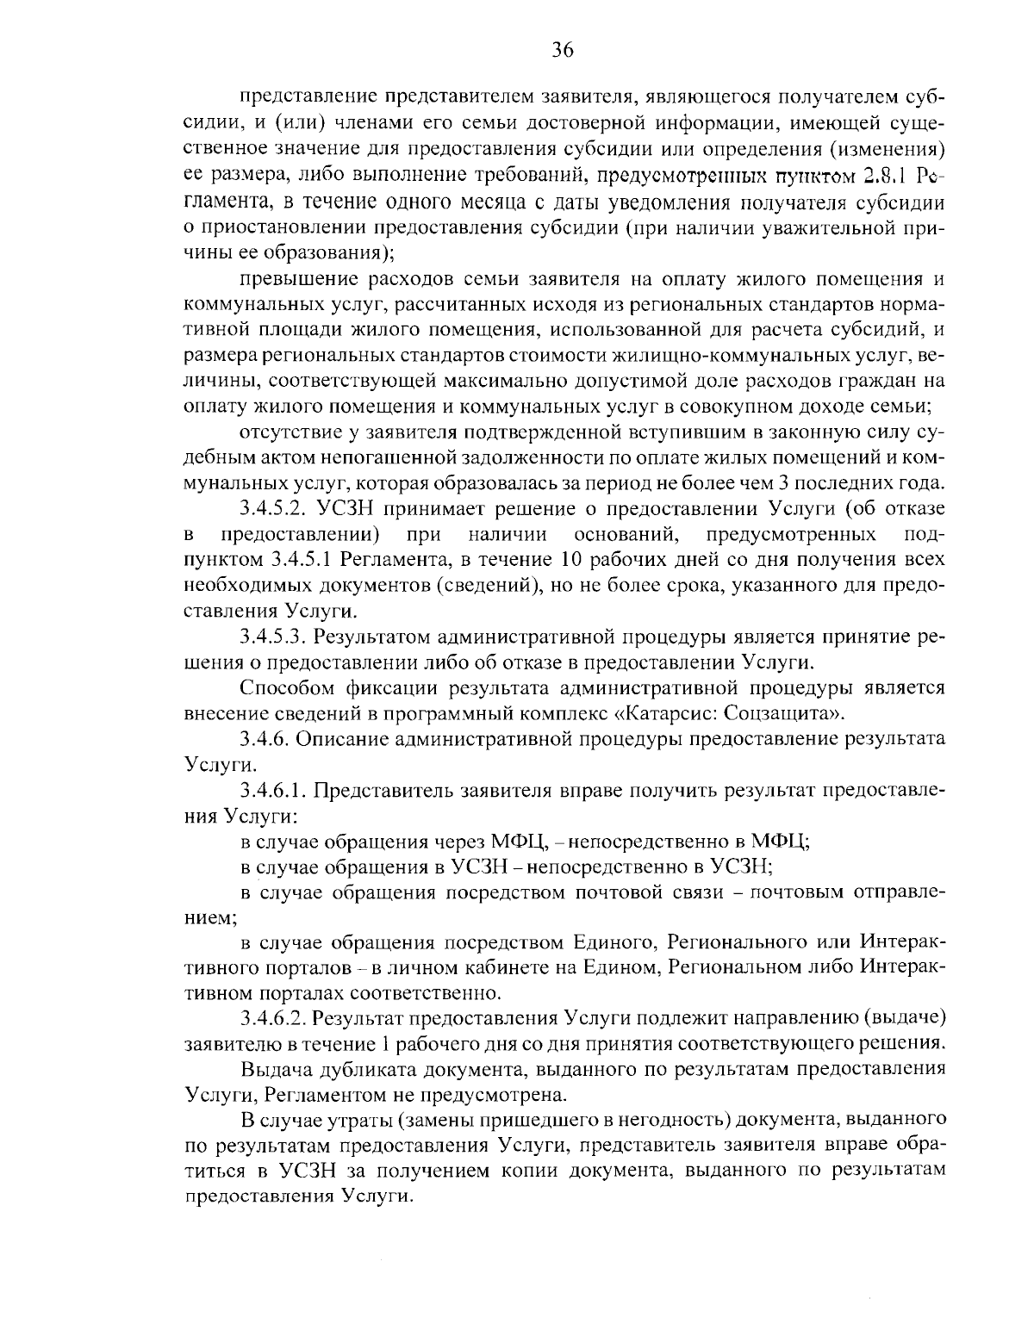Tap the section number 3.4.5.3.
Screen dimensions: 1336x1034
273,637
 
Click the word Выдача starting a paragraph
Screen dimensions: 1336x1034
274,1070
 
